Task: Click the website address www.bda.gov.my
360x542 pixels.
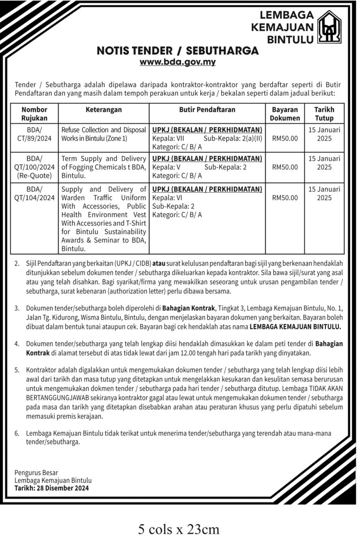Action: [x=178, y=62]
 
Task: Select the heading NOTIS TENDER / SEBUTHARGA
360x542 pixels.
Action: [x=178, y=51]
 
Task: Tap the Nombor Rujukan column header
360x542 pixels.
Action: [x=34, y=114]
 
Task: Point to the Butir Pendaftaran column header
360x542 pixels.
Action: [x=207, y=110]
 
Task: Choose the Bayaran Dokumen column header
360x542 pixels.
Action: [x=285, y=114]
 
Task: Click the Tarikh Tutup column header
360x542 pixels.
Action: [x=324, y=114]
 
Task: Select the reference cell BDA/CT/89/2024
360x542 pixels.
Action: [x=34, y=134]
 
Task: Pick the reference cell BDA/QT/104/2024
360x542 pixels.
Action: [x=34, y=194]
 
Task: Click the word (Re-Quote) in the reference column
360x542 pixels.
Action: [x=34, y=176]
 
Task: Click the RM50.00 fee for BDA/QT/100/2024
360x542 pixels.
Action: [x=285, y=166]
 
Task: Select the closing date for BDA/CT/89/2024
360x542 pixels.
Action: [x=324, y=134]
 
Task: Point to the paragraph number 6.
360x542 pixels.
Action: [x=17, y=434]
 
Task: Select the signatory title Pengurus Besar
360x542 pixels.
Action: [x=37, y=473]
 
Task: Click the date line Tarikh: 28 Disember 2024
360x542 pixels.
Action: [x=52, y=488]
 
